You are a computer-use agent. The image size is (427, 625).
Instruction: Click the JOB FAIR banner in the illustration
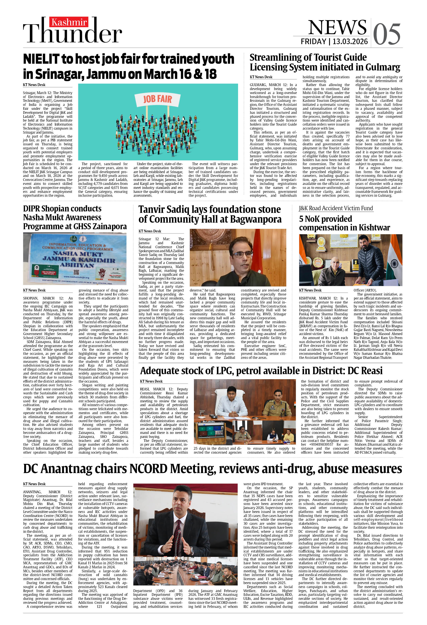point(157,99)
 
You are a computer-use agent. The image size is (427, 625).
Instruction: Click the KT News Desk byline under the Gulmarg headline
point(261,77)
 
